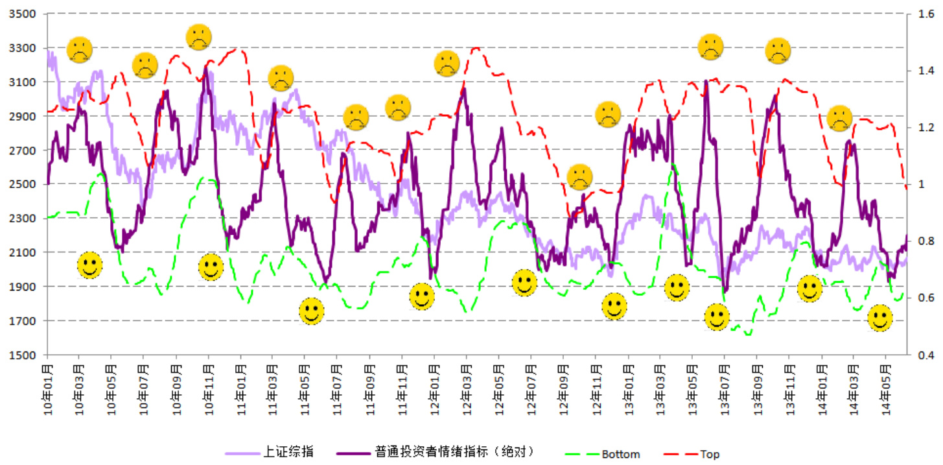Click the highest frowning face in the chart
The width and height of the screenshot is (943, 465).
199,37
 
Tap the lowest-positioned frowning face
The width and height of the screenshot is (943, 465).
579,176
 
